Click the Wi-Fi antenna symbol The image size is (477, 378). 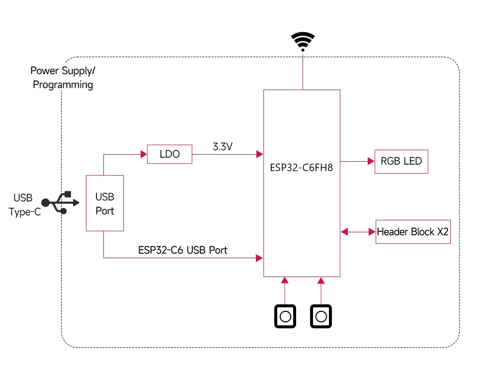(303, 42)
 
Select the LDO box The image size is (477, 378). (169, 154)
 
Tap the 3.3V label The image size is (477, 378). (222, 147)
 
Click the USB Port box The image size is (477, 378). (105, 203)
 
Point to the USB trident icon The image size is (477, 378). (60, 202)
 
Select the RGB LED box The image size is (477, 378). (401, 161)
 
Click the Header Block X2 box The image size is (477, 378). (413, 232)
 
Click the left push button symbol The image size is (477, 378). (285, 316)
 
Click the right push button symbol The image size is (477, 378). (321, 316)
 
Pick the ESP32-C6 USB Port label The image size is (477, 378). (182, 250)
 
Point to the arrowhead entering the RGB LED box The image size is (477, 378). (371, 161)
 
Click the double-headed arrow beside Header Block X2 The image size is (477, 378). (358, 232)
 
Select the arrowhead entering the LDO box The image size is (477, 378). (144, 154)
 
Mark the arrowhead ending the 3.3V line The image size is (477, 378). (259, 154)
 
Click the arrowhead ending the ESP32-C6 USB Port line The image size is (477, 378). (259, 258)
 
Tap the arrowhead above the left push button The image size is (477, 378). (285, 281)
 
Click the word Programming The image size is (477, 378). (63, 85)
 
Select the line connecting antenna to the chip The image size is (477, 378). (303, 72)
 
